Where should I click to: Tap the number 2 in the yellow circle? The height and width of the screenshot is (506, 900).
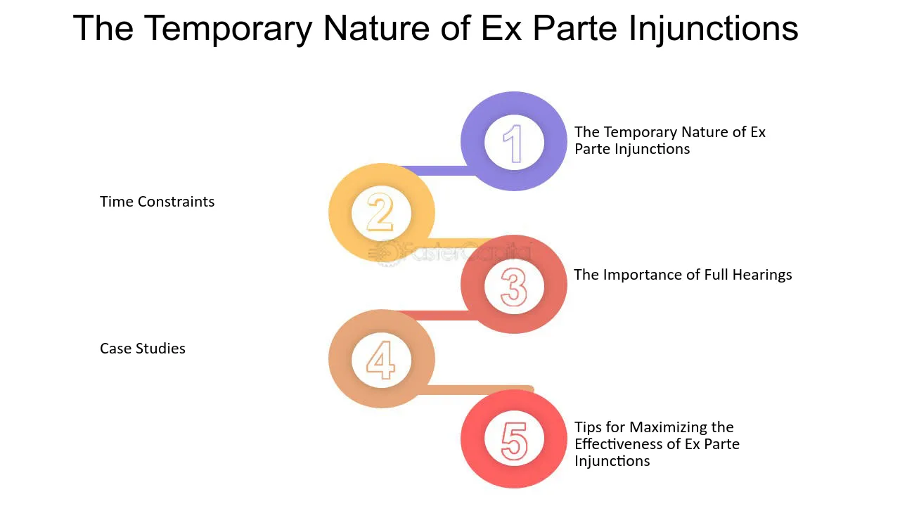(380, 212)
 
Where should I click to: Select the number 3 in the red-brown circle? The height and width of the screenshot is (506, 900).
(513, 287)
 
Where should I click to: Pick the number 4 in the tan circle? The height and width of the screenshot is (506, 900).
(380, 360)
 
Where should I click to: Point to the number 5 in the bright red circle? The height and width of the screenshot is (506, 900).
(514, 441)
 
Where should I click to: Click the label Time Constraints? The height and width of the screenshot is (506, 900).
(157, 202)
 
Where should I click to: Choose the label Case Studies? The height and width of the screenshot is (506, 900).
(143, 348)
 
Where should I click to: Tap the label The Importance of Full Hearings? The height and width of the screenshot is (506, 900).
(683, 275)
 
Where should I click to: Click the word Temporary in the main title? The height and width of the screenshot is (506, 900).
(228, 29)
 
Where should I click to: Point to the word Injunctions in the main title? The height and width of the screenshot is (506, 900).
(714, 29)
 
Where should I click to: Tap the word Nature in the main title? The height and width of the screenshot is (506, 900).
(376, 29)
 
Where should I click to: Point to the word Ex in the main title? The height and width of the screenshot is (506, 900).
(501, 29)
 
